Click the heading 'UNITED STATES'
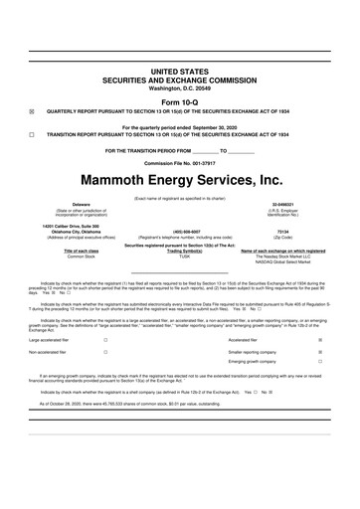pyautogui.click(x=179, y=73)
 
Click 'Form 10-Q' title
pyautogui.click(x=179, y=101)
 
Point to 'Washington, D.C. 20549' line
pyautogui.click(x=179, y=88)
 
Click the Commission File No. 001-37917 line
pyautogui.click(x=179, y=161)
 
